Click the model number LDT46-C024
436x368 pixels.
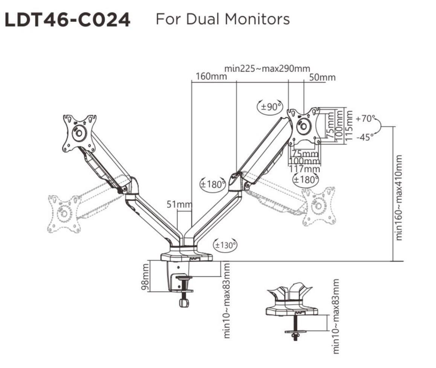point(67,20)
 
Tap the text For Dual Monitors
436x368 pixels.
point(223,19)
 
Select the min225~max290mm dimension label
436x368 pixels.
point(267,69)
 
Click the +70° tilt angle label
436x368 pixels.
point(365,119)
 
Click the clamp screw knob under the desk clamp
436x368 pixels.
point(184,302)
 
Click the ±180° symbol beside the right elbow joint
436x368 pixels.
point(212,184)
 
